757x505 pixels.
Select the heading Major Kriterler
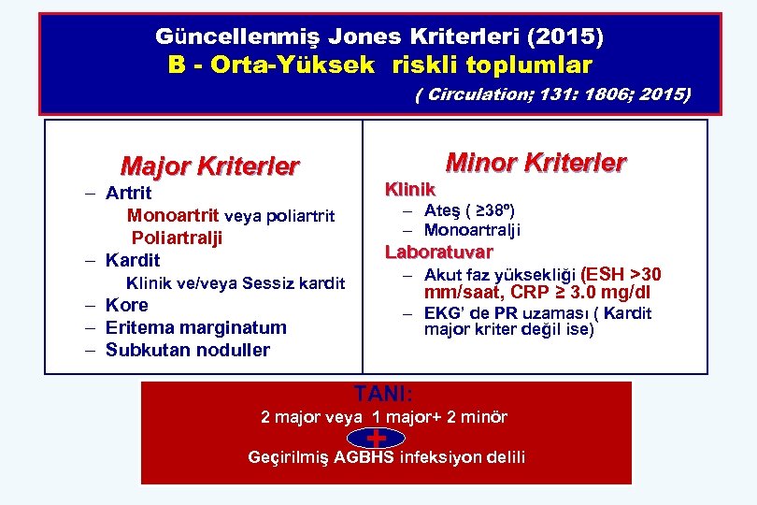[210, 166]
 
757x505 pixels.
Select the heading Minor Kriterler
[536, 162]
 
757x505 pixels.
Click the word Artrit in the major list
[129, 194]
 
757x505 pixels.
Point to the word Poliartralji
[177, 238]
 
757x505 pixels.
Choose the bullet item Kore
[127, 305]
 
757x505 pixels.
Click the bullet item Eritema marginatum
[196, 327]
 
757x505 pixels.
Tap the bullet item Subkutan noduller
[188, 351]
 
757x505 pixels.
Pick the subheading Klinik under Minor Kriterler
[410, 189]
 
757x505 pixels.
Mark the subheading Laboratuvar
[439, 251]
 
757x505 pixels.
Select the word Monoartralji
[473, 230]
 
